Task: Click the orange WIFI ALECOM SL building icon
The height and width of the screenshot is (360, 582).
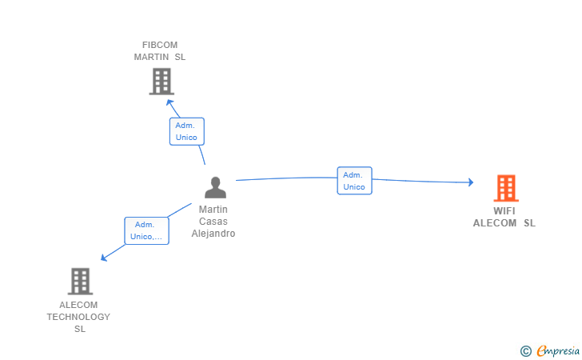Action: click(506, 188)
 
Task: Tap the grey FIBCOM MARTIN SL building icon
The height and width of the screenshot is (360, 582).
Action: click(161, 82)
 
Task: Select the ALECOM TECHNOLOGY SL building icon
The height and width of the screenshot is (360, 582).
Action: click(80, 282)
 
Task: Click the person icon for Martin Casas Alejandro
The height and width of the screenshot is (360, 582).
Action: click(215, 187)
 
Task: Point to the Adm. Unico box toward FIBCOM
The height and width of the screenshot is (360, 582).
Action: click(187, 131)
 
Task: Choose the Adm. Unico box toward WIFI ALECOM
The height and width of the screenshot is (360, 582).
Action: click(354, 181)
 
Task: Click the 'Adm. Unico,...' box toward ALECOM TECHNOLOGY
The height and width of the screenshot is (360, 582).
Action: click(146, 230)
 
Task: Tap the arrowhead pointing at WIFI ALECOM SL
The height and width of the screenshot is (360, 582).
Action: click(471, 182)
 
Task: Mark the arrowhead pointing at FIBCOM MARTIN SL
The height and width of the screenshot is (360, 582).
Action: click(169, 102)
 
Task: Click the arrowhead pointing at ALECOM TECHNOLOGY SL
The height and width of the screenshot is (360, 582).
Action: click(104, 258)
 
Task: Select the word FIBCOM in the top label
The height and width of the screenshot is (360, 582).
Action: click(160, 45)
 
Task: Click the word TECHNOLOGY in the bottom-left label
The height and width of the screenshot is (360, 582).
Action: click(78, 317)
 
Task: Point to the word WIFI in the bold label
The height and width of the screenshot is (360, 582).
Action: click(504, 211)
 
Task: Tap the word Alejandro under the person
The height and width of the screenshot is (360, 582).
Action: click(213, 234)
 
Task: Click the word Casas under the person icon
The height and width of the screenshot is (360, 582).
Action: click(213, 222)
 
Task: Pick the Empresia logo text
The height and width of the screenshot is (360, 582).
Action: click(558, 350)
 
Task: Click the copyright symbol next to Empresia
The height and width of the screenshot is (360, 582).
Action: click(526, 351)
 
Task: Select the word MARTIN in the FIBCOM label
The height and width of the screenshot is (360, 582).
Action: click(151, 57)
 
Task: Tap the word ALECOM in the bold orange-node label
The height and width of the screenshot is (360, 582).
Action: click(495, 223)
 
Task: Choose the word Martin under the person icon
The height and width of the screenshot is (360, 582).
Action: click(213, 210)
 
